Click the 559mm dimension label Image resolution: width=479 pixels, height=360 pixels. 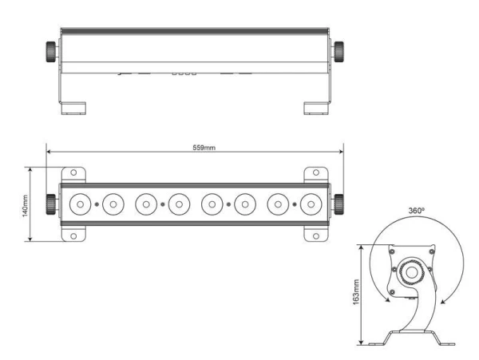[x=204, y=148]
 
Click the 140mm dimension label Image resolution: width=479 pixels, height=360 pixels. [x=25, y=206]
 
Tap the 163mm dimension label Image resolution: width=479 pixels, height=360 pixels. [x=356, y=292]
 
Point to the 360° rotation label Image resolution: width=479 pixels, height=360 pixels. [x=417, y=211]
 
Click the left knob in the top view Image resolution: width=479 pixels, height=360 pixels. [x=51, y=52]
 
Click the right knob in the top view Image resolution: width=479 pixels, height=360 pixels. [x=338, y=52]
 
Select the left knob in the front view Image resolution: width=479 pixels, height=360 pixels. [x=51, y=204]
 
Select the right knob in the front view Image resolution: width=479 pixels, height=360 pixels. [x=338, y=204]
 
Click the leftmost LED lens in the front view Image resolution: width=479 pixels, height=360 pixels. [x=80, y=204]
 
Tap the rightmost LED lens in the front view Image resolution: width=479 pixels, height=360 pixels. [x=311, y=204]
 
